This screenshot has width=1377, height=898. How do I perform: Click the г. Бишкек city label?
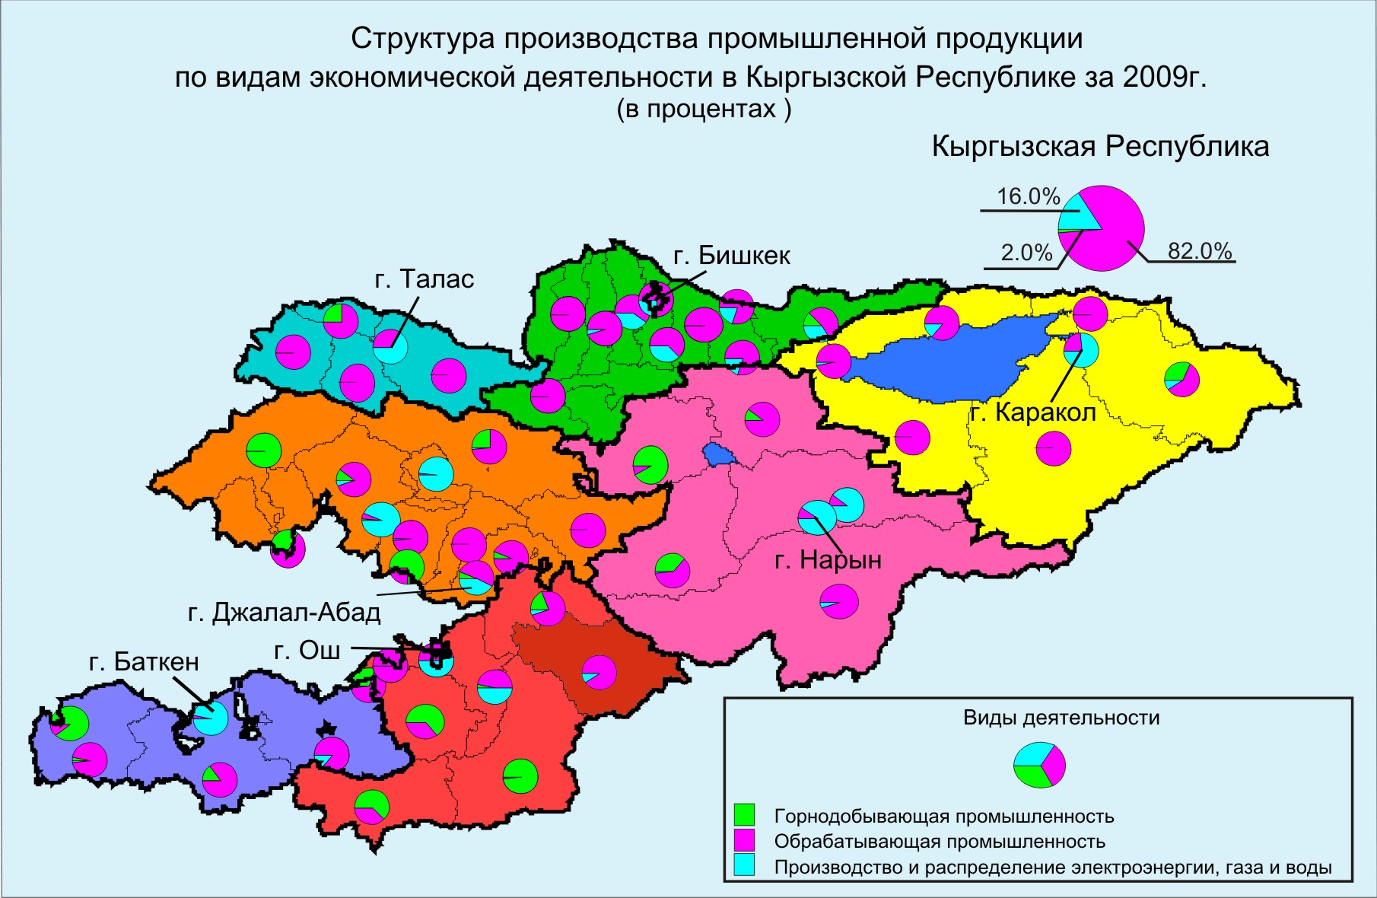[x=732, y=256]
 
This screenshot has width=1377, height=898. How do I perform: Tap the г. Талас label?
[x=424, y=279]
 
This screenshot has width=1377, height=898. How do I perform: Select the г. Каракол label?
[x=1033, y=412]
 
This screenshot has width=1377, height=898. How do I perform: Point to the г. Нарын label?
[x=828, y=560]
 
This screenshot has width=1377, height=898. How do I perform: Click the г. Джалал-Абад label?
[x=284, y=612]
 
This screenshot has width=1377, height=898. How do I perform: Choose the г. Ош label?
[x=307, y=650]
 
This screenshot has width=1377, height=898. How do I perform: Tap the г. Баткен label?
[x=144, y=661]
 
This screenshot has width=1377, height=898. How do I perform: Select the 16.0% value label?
[x=1028, y=196]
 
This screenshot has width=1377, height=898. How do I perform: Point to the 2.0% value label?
[x=1026, y=253]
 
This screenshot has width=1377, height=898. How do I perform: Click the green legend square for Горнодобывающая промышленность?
[x=744, y=815]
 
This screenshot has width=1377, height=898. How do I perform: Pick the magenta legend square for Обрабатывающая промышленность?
[x=744, y=840]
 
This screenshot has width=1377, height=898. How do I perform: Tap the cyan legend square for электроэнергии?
[x=744, y=866]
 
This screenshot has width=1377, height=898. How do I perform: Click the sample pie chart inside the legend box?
[x=1039, y=765]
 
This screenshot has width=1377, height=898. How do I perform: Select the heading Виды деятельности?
[x=1061, y=718]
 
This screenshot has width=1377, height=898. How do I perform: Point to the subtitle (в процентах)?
[x=703, y=109]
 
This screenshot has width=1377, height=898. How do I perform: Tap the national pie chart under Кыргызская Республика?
[x=1102, y=228]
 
